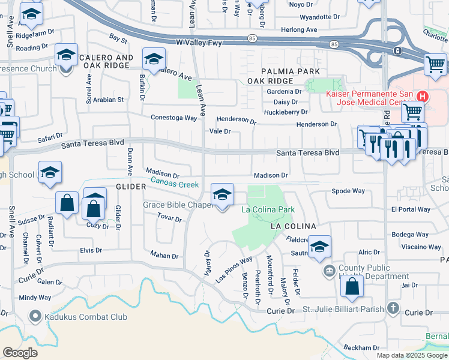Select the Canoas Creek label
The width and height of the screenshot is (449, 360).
[174, 182]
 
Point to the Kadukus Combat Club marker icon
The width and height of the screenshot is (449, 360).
[35, 316]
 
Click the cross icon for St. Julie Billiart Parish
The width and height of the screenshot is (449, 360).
[393, 308]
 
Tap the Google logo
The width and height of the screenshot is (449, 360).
[20, 352]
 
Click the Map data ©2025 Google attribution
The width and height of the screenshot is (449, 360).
[412, 355]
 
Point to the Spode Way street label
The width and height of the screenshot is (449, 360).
[348, 191]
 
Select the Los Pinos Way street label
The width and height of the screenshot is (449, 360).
[234, 270]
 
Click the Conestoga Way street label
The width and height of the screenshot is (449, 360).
[174, 118]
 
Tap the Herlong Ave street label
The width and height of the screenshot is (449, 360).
[299, 29]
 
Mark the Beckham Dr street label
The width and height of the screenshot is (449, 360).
[361, 348]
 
